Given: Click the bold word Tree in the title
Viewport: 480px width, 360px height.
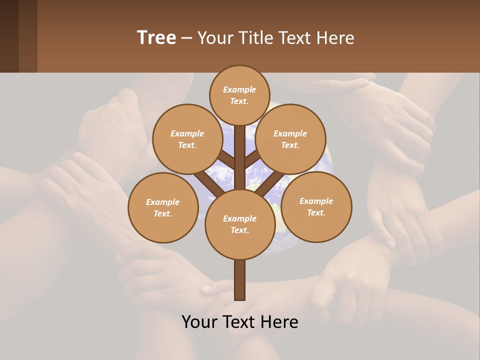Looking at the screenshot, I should [x=156, y=37].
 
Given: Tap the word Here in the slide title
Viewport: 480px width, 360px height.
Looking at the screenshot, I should [x=335, y=37].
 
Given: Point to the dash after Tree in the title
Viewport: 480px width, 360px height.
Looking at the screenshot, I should [x=186, y=38].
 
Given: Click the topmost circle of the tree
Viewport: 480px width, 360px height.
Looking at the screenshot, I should [x=239, y=95].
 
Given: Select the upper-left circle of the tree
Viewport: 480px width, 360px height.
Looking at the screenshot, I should [x=187, y=139].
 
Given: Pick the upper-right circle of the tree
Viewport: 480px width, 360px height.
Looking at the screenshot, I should [x=290, y=139].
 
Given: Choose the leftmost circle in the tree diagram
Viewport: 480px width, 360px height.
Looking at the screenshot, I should [x=163, y=207].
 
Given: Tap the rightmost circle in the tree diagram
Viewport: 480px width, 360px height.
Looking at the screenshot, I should [x=316, y=206].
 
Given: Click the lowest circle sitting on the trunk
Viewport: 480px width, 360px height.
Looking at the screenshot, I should [x=240, y=224].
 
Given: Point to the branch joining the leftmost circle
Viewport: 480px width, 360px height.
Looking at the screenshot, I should [x=208, y=183].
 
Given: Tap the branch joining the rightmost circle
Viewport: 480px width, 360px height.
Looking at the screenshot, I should [x=270, y=183].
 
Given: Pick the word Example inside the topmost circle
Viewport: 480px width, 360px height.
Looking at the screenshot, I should [x=239, y=89].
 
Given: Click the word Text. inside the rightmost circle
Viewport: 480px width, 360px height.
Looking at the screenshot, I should [x=316, y=212].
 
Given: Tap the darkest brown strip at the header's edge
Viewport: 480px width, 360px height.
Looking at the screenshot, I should [x=9, y=36].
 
